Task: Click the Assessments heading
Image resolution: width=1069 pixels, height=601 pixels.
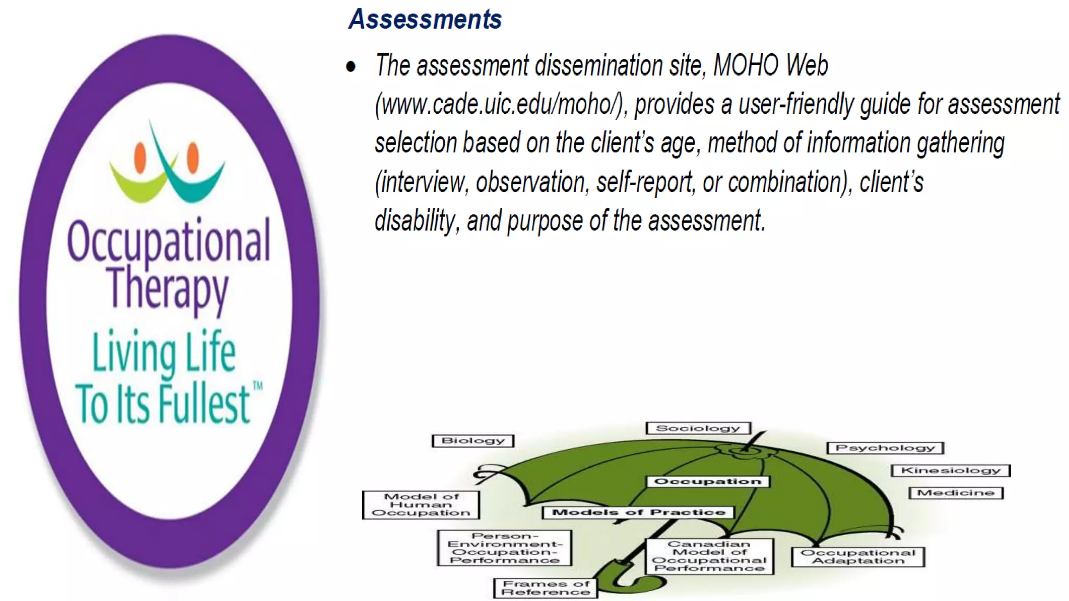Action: click(x=425, y=19)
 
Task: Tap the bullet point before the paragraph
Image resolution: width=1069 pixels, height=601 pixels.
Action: click(x=351, y=67)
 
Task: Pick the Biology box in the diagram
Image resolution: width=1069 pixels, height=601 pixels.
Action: click(x=473, y=441)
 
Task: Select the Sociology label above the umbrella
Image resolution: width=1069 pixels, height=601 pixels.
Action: click(x=698, y=428)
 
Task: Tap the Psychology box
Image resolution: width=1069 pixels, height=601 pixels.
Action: click(x=885, y=448)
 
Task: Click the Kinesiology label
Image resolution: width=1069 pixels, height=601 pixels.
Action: click(x=951, y=471)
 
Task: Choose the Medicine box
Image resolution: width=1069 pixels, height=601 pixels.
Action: click(x=956, y=493)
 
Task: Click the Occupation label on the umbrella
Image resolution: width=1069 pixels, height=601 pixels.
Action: click(x=708, y=482)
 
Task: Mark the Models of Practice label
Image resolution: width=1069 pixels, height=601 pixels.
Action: click(x=638, y=513)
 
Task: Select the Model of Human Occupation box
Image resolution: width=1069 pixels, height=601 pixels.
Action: click(x=421, y=505)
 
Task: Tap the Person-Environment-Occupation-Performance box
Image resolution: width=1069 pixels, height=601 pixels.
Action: click(x=504, y=548)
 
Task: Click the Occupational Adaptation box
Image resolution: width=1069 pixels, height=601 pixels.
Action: click(x=858, y=557)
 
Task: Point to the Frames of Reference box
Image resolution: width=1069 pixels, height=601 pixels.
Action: click(x=545, y=588)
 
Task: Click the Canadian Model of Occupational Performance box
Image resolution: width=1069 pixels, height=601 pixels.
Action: click(x=709, y=557)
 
